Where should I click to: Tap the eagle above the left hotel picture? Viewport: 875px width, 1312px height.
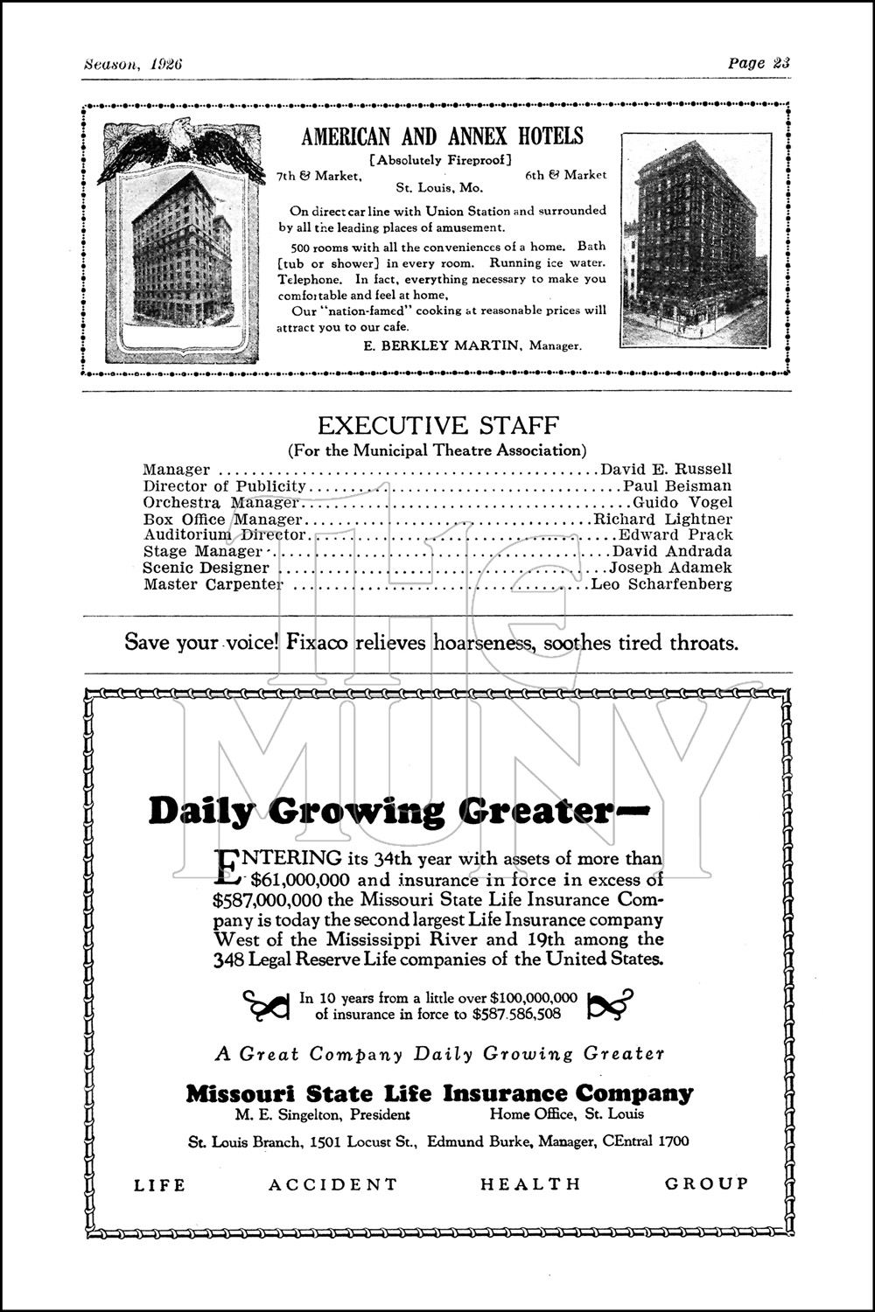pyautogui.click(x=181, y=145)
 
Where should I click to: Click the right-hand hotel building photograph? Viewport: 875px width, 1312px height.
pyautogui.click(x=696, y=240)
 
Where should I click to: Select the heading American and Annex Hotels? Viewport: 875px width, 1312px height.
pyautogui.click(x=442, y=136)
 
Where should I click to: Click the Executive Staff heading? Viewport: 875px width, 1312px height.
pyautogui.click(x=437, y=426)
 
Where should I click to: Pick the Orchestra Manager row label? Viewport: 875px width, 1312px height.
pyautogui.click(x=220, y=503)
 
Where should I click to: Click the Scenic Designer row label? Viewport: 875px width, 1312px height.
pyautogui.click(x=206, y=568)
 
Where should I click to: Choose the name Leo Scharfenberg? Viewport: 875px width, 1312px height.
pyautogui.click(x=661, y=584)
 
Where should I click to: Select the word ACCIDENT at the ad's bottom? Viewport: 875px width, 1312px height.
pyautogui.click(x=332, y=1185)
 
